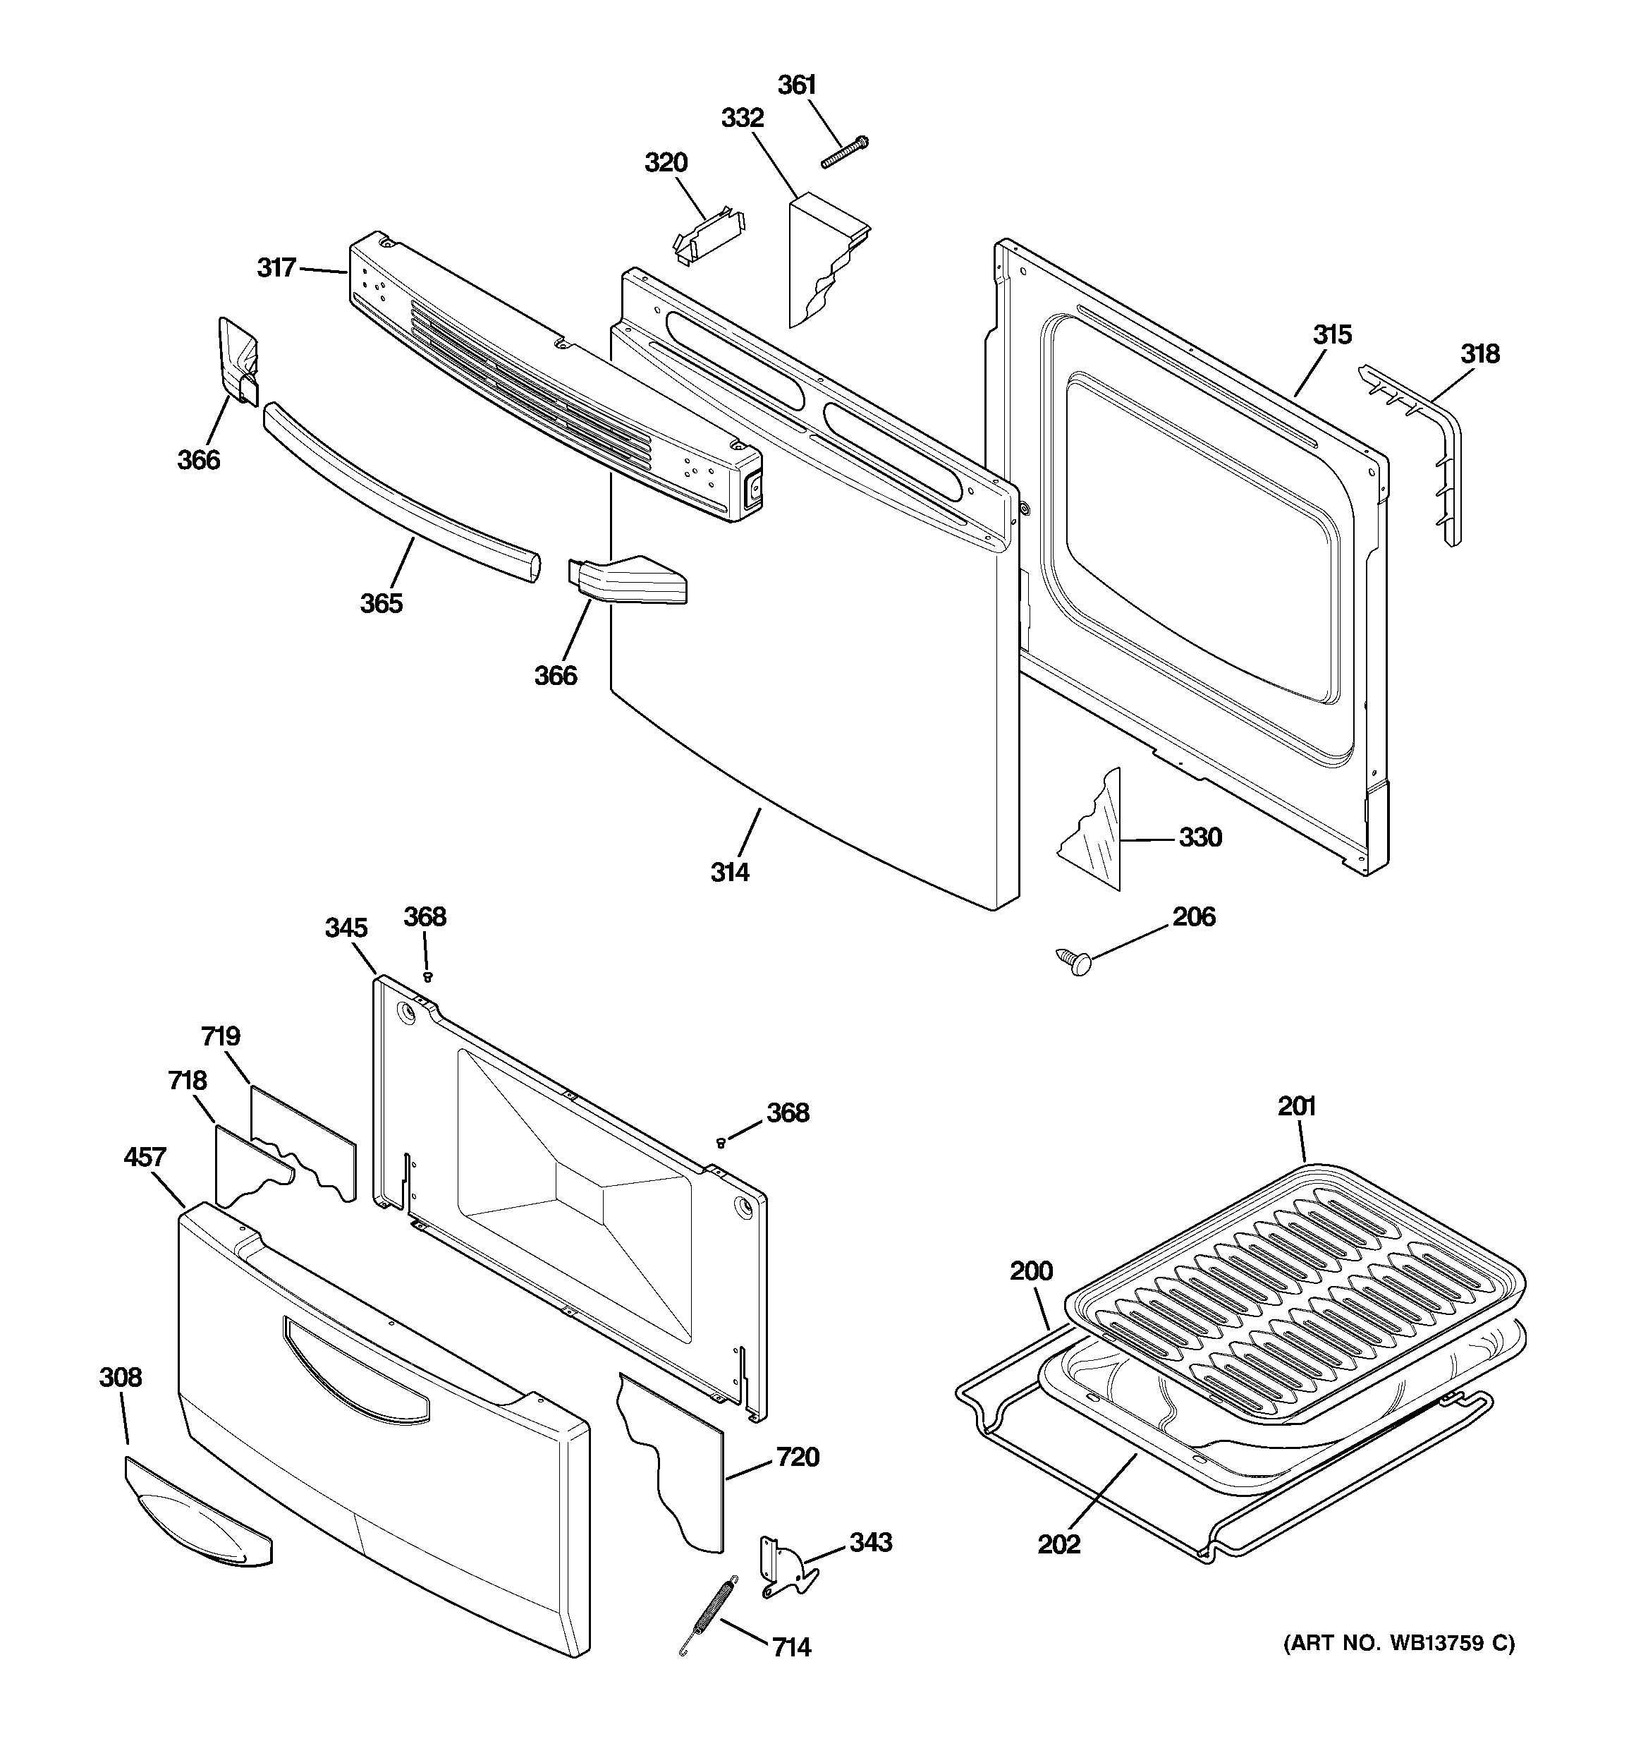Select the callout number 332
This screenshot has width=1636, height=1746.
point(742,118)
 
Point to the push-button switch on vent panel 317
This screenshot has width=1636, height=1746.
point(752,492)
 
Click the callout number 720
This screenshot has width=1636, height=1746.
point(798,1457)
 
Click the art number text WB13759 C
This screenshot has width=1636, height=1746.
point(1399,1643)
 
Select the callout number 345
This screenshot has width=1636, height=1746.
point(346,928)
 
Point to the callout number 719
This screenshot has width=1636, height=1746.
point(221,1036)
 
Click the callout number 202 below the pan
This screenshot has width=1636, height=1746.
point(1058,1544)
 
